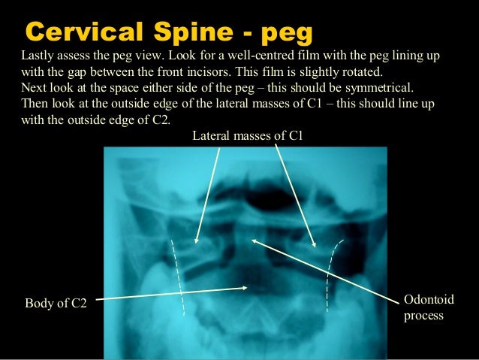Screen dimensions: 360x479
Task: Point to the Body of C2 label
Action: click(x=56, y=304)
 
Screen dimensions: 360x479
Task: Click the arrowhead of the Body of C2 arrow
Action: click(x=246, y=286)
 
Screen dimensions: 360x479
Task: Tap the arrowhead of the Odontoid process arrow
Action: click(x=254, y=241)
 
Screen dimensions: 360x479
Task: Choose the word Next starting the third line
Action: click(x=35, y=88)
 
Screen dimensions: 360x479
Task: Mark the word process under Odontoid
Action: click(x=423, y=315)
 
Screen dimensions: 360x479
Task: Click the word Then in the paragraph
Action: click(x=35, y=103)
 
